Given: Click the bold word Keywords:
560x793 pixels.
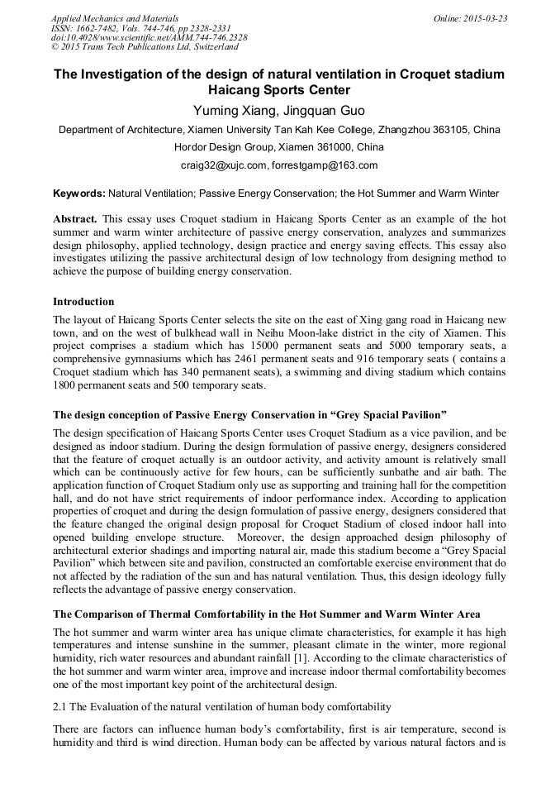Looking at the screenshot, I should pyautogui.click(x=79, y=193).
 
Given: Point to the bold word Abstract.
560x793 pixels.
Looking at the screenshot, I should pyautogui.click(x=75, y=219).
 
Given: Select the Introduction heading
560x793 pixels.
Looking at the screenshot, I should pyautogui.click(x=83, y=302).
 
